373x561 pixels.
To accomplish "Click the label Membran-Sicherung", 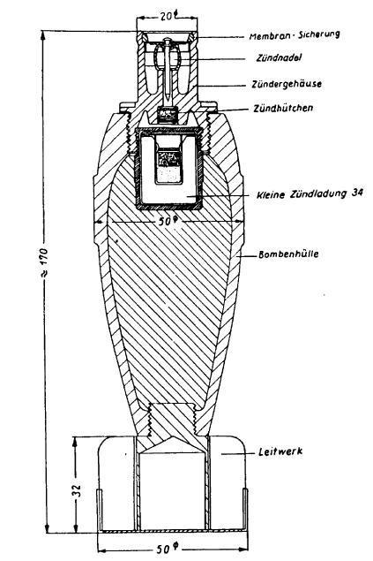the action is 295,35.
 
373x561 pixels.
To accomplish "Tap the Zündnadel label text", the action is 279,57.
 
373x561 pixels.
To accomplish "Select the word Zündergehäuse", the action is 287,84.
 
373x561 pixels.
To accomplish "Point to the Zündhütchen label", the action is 283,108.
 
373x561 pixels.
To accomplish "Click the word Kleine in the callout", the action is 271,195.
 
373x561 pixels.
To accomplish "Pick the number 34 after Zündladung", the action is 357,193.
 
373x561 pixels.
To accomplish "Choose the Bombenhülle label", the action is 288,254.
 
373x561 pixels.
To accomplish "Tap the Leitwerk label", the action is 280,451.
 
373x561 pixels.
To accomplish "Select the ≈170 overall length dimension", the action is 46,262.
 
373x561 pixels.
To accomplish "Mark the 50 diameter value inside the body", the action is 168,222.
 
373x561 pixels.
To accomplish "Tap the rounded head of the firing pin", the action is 167,40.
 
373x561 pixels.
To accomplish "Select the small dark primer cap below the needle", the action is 168,115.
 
